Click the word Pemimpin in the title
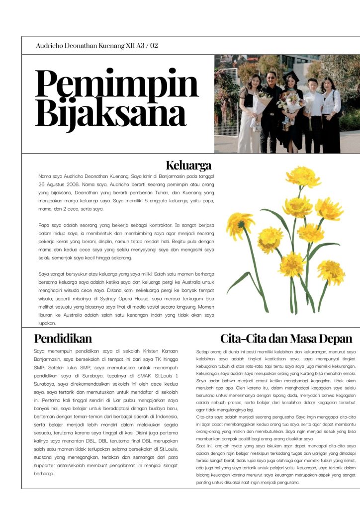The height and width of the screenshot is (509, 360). coord(117,85)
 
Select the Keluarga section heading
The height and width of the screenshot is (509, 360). coord(188,165)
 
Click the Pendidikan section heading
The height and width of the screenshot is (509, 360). coord(63,339)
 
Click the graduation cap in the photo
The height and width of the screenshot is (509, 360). coord(290,75)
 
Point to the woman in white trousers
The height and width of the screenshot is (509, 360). coord(249,114)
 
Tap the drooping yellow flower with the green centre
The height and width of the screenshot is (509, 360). coord(240,224)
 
